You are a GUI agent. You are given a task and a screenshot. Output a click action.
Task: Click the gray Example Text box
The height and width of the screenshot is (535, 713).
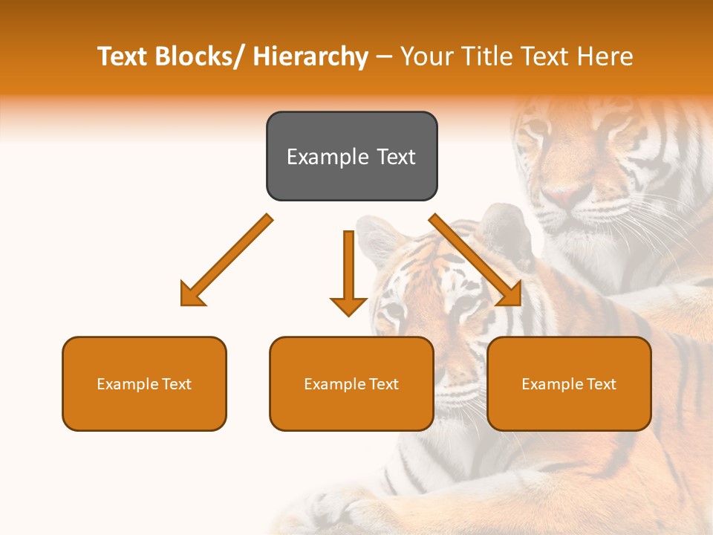351,156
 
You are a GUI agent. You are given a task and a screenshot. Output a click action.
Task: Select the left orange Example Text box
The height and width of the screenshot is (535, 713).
144,383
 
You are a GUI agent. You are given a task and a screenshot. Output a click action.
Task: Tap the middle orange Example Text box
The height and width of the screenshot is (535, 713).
351,383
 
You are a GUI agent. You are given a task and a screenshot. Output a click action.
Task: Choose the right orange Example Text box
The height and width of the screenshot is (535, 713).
569,383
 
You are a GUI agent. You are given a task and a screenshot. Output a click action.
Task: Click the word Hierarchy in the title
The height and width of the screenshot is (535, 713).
310,56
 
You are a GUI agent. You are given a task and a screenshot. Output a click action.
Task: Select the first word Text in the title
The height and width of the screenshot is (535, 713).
122,56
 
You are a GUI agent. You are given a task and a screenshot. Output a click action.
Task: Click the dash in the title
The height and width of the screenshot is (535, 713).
384,57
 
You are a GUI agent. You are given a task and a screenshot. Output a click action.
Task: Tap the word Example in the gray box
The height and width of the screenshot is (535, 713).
328,157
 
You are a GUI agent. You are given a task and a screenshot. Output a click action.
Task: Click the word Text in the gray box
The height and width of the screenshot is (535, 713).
395,157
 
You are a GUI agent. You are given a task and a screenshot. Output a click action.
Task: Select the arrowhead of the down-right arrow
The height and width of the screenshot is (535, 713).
509,295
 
